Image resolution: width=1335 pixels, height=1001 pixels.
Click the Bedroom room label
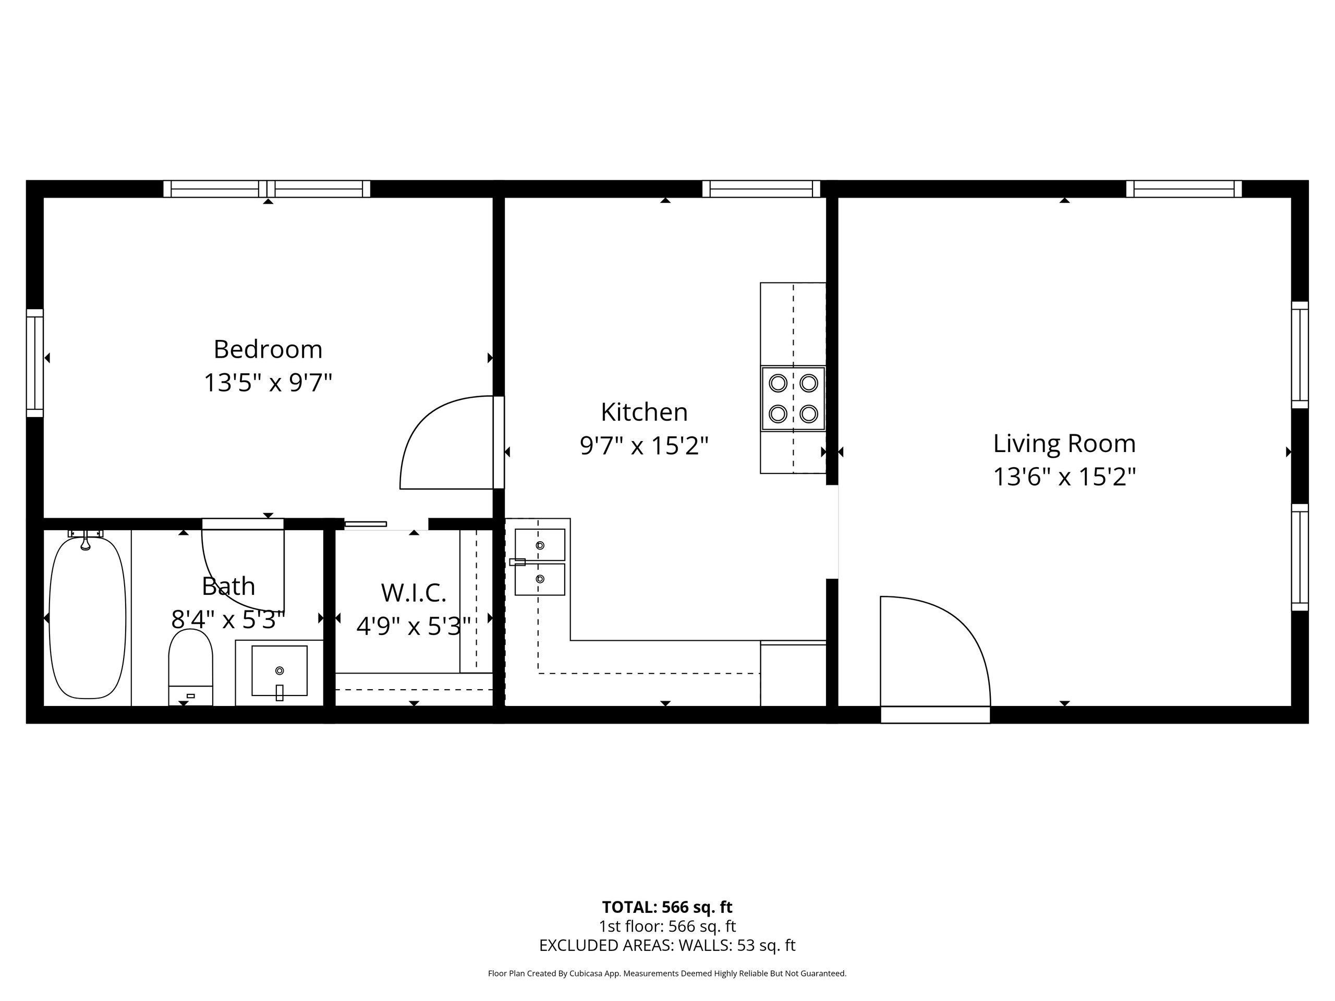point(268,349)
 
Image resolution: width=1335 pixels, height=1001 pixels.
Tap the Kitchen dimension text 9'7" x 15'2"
point(644,446)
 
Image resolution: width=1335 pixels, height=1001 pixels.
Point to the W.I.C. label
point(414,593)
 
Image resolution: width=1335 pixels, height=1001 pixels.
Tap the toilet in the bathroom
point(191,667)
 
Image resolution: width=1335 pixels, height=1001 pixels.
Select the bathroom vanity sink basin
point(280,671)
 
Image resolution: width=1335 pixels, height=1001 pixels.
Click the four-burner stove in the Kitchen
point(793,399)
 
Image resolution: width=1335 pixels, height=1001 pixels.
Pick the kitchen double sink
point(540,561)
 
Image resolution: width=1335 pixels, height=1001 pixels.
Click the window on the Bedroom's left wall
point(35,363)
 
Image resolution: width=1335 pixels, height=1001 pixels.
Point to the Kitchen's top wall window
point(761,189)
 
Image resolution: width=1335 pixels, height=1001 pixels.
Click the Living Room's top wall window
point(1184,189)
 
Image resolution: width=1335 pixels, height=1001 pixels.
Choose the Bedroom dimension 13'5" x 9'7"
point(268,383)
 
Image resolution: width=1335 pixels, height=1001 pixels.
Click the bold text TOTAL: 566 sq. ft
point(667,907)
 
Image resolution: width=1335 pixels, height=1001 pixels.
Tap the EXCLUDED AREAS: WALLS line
point(667,946)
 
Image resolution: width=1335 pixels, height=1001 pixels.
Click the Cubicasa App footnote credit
point(667,973)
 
